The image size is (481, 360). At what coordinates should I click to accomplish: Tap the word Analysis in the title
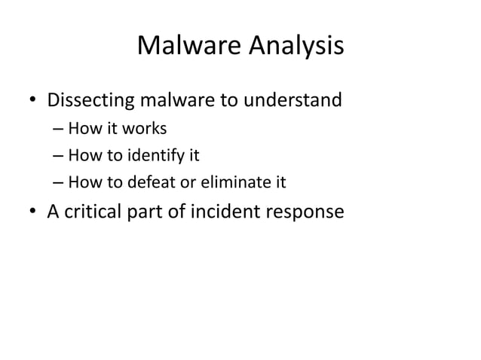(294, 48)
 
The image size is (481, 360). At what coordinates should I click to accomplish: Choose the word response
(309, 214)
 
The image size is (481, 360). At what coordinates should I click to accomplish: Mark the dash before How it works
(58, 129)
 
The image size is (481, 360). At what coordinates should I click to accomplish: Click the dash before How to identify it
(58, 157)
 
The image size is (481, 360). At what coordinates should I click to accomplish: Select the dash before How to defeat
(58, 184)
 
